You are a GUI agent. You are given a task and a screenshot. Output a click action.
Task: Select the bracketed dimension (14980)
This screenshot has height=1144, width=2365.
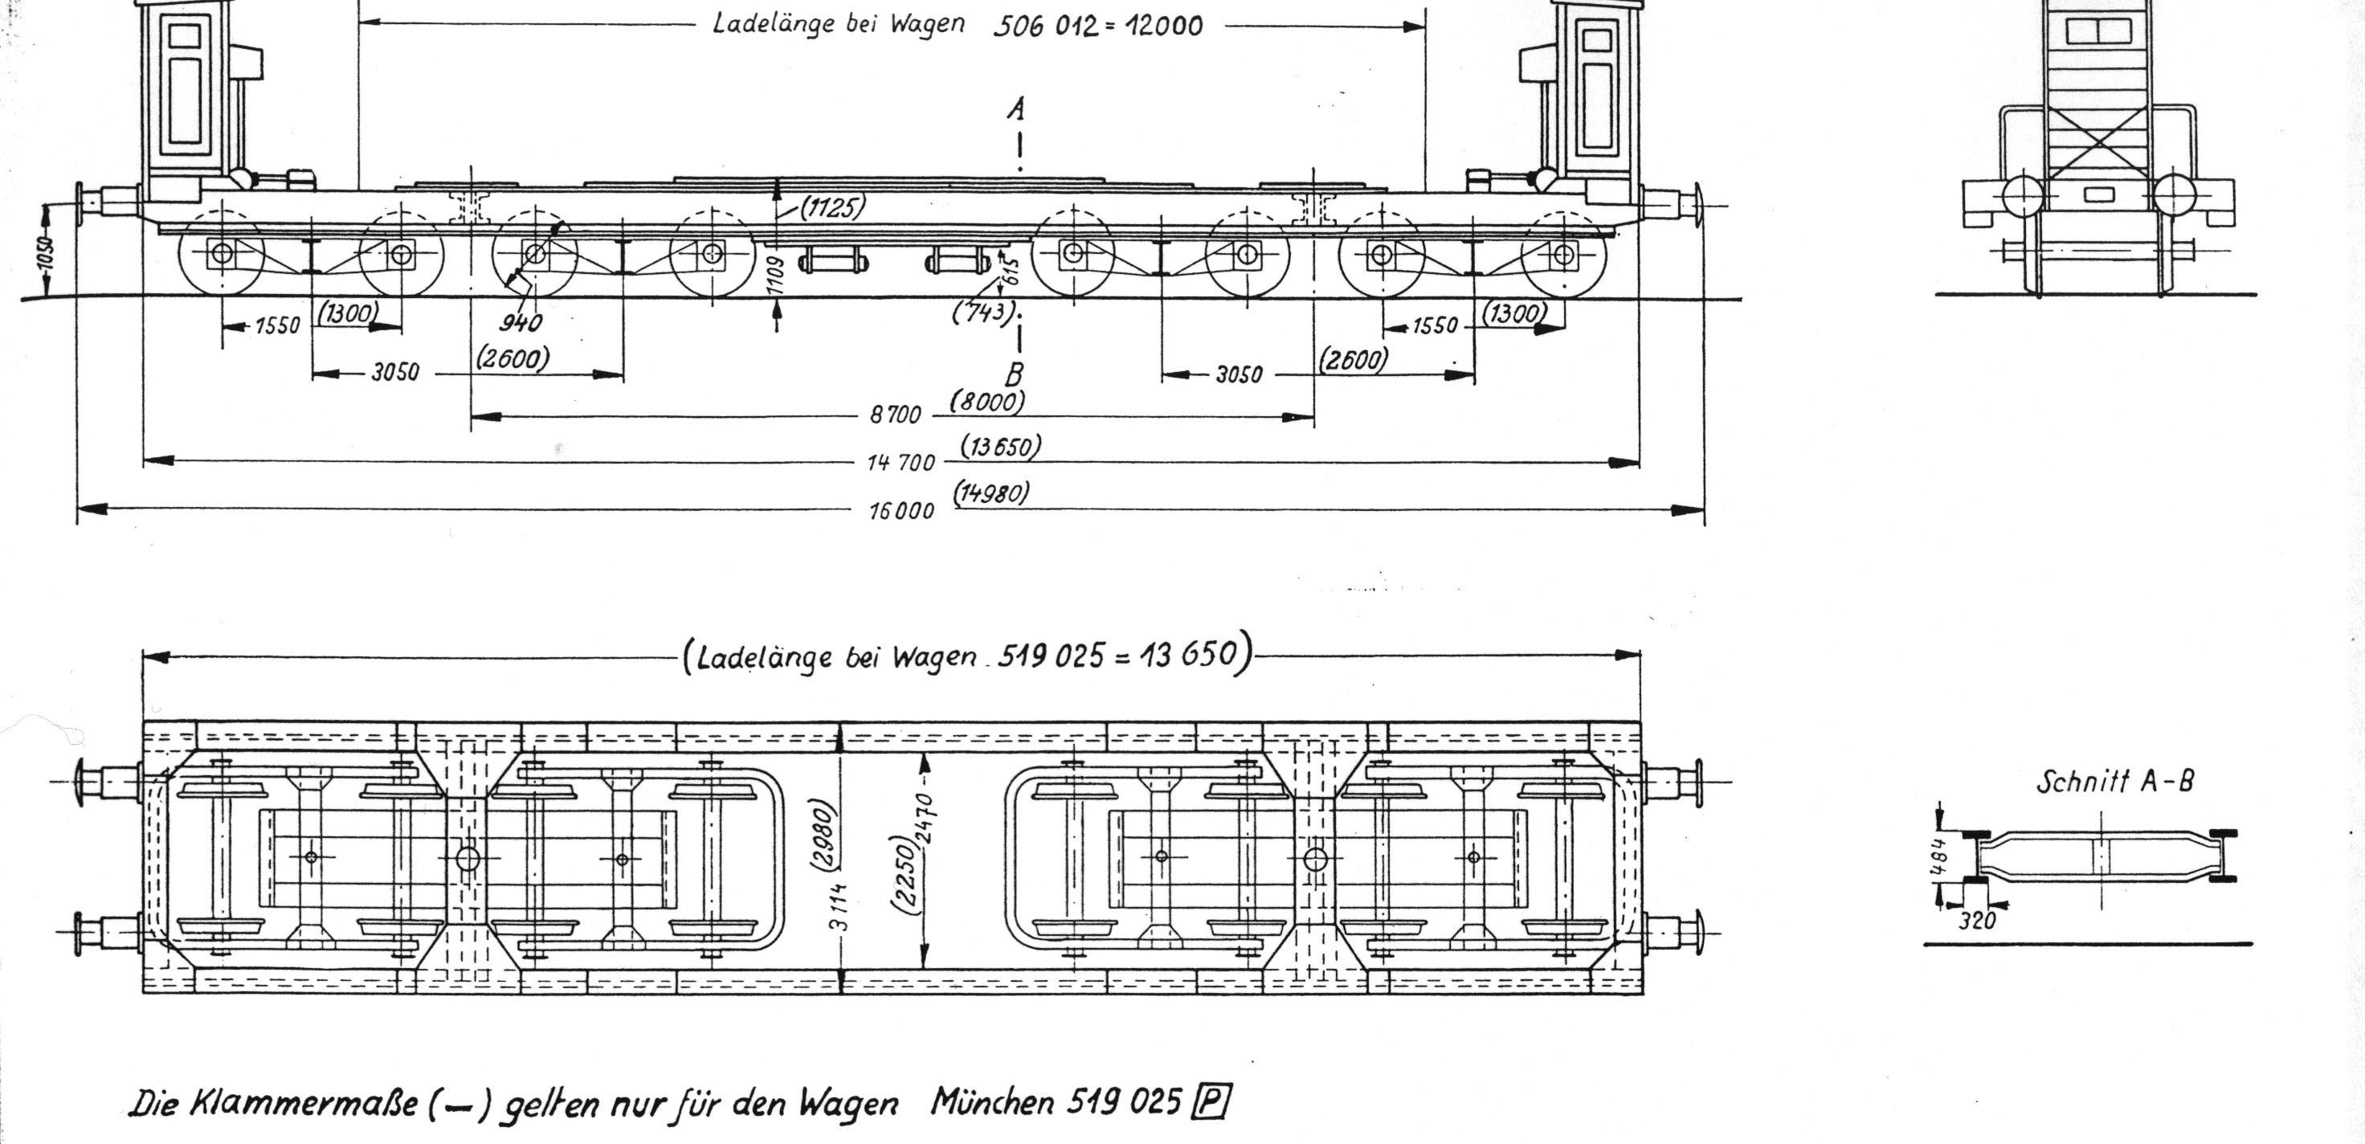(991, 493)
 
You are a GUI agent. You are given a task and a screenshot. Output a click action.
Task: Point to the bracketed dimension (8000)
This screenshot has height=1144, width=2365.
(987, 401)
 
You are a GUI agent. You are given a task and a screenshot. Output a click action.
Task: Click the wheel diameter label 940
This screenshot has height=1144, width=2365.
(521, 322)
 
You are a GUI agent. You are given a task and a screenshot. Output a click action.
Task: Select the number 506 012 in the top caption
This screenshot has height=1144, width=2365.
(1045, 26)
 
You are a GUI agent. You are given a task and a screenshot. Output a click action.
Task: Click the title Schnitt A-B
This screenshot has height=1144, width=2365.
(2115, 782)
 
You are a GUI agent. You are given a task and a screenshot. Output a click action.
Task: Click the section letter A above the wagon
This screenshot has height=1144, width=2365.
(1015, 110)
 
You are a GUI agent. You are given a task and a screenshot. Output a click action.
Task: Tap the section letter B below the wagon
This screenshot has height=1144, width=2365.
(1015, 374)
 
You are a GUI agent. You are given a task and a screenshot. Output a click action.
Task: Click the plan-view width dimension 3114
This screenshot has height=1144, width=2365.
(837, 905)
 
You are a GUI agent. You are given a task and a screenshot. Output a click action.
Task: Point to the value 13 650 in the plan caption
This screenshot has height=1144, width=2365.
(1190, 656)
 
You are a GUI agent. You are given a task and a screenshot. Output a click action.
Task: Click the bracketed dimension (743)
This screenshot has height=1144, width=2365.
(983, 313)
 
